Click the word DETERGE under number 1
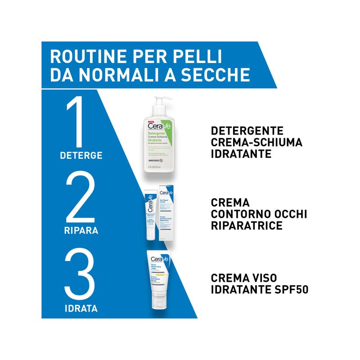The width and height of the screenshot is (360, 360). pos(81,156)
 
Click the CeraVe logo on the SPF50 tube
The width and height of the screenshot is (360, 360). pos(158,260)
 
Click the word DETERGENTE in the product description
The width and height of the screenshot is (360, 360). pos(247,131)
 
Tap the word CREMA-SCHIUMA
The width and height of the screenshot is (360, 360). pos(257,143)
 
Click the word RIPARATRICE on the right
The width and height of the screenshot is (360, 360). pos(247,226)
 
